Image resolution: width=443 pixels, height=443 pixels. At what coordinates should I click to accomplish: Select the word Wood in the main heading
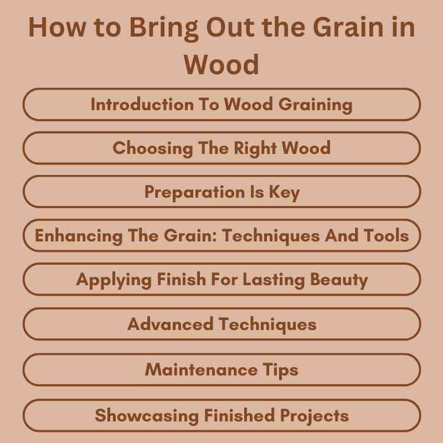click(x=221, y=65)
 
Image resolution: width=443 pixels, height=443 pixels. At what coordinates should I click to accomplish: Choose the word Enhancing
click(x=70, y=235)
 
